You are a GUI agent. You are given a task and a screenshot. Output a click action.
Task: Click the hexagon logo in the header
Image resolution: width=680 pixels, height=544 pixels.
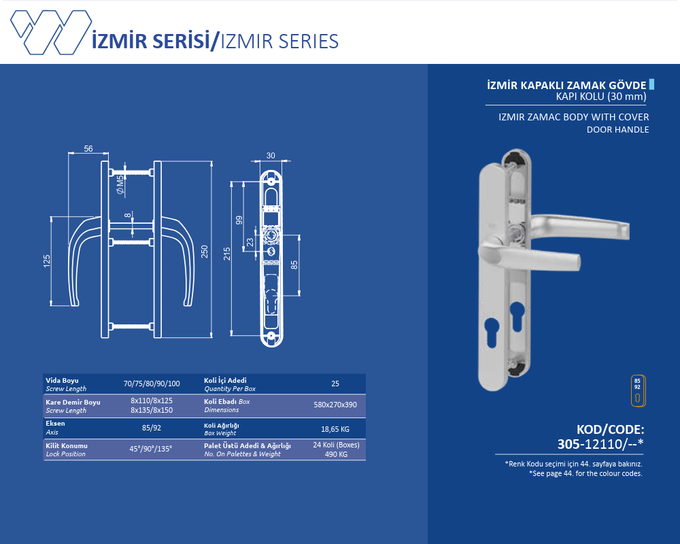pos(51,33)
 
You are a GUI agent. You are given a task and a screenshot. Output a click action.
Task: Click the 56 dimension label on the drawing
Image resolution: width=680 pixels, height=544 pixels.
pos(88,148)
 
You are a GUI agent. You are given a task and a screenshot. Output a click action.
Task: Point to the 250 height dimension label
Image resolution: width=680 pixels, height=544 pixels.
pos(205,252)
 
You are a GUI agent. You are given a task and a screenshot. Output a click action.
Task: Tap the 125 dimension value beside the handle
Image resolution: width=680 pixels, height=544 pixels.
pos(47,260)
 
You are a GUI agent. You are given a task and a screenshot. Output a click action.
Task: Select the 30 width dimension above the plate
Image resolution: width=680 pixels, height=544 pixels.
pos(271,155)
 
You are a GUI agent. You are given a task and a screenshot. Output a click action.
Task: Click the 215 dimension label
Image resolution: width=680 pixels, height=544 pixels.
pos(227,254)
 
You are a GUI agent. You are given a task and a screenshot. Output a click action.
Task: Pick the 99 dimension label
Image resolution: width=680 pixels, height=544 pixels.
pos(239,220)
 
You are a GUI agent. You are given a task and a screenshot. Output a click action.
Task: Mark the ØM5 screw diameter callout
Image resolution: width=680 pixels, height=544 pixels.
pos(120,184)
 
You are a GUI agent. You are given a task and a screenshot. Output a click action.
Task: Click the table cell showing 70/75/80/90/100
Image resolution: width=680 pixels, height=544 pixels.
pos(152,384)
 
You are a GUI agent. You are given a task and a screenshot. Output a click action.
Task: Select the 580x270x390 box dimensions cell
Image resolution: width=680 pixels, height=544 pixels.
pos(335,405)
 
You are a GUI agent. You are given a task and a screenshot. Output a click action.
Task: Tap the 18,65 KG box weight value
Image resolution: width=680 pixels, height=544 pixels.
pos(335,429)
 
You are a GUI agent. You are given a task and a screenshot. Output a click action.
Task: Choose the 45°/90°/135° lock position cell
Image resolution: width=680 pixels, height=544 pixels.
pos(151,449)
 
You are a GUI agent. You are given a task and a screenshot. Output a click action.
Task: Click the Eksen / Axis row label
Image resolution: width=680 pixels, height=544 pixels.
pos(55,427)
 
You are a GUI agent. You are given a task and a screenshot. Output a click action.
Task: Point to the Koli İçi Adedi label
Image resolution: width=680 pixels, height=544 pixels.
pos(225,380)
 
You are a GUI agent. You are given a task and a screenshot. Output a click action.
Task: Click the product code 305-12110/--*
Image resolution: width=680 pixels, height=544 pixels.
pos(600,444)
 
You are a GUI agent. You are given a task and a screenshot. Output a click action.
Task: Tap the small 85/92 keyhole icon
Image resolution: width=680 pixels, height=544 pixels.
pos(638,391)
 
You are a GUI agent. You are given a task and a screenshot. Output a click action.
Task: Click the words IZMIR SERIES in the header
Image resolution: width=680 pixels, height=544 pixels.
pos(279,41)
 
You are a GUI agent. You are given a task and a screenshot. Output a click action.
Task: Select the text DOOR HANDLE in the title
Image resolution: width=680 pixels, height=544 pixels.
pos(617,129)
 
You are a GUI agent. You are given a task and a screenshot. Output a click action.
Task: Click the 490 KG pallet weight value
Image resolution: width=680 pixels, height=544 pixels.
pos(336,454)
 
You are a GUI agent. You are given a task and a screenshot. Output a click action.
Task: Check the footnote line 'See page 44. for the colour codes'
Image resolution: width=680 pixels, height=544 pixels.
pos(585,473)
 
